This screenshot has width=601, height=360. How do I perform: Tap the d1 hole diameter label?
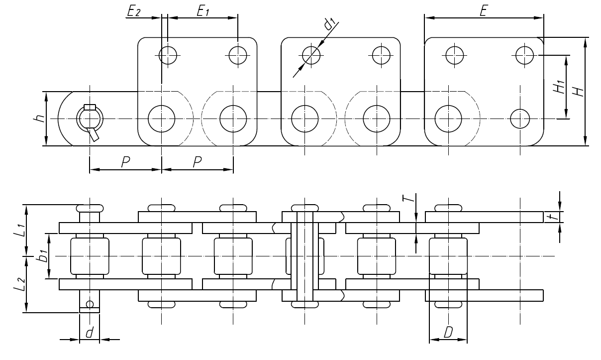click(x=329, y=24)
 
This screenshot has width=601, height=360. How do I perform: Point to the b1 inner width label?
click(x=43, y=256)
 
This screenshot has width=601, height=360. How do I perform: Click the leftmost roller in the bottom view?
click(x=90, y=256)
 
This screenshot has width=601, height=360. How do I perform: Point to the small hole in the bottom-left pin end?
click(x=90, y=304)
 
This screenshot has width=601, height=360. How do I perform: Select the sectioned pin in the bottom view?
click(x=304, y=256)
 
